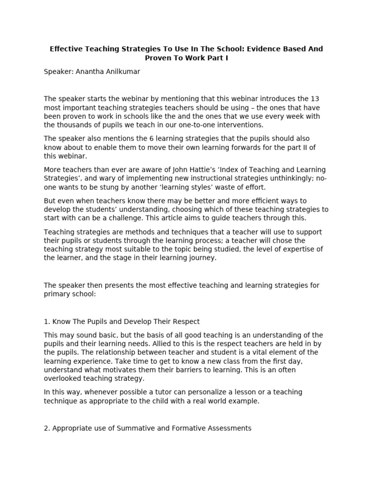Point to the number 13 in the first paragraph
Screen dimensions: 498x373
(x=314, y=99)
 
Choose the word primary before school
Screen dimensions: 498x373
(x=56, y=294)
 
